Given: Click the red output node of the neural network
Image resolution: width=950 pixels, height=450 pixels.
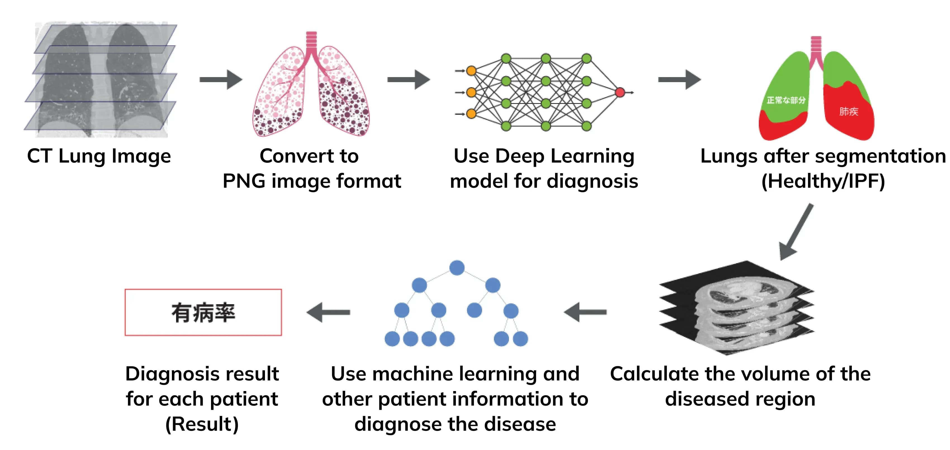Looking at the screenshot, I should pyautogui.click(x=620, y=92).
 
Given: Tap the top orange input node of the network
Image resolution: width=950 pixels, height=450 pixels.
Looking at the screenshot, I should pyautogui.click(x=471, y=71).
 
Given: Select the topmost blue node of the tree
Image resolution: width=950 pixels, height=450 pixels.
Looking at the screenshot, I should pyautogui.click(x=457, y=268).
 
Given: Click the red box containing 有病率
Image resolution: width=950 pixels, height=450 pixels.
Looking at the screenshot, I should pyautogui.click(x=203, y=312).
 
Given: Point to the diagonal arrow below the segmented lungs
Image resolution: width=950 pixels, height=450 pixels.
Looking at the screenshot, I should pyautogui.click(x=797, y=232).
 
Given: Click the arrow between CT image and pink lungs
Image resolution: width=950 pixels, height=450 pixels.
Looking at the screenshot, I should pyautogui.click(x=221, y=80).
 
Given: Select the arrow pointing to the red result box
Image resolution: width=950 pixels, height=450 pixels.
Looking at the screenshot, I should pyautogui.click(x=328, y=312).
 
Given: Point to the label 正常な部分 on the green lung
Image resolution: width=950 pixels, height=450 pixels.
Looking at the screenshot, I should pyautogui.click(x=786, y=100).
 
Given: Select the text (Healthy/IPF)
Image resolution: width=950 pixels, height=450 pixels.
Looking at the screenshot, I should pyautogui.click(x=823, y=181).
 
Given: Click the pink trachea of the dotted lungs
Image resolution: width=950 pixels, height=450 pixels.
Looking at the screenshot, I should pyautogui.click(x=312, y=44).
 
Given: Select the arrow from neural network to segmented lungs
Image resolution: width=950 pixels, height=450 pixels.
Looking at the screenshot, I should pyautogui.click(x=679, y=80).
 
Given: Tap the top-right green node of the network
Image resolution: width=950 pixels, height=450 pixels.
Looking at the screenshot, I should pyautogui.click(x=586, y=58).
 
